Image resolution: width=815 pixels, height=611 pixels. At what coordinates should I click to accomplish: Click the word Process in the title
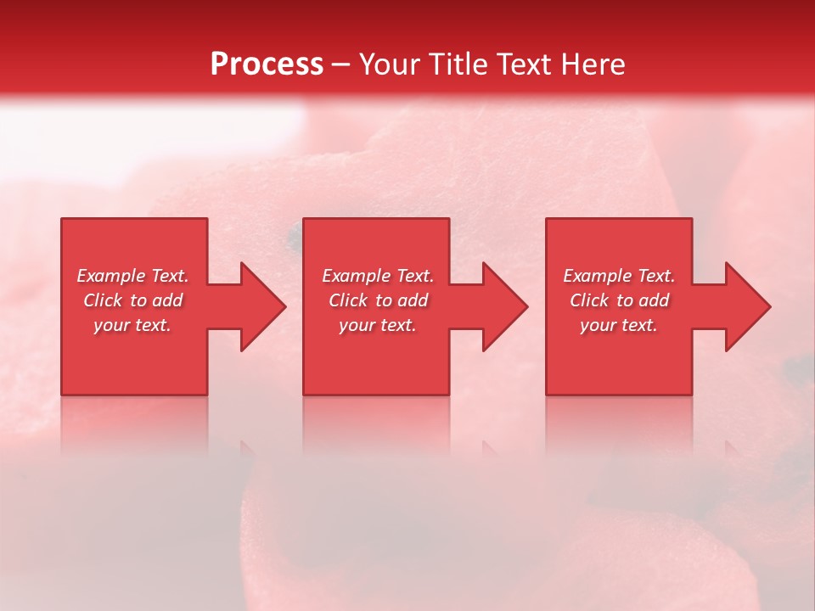[267, 64]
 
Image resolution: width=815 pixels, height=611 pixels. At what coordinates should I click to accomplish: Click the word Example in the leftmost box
[110, 276]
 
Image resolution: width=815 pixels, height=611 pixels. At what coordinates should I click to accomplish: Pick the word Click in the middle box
[346, 300]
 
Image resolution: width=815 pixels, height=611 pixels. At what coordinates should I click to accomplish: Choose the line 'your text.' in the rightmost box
[619, 325]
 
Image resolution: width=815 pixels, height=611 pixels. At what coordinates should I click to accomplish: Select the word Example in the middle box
[356, 276]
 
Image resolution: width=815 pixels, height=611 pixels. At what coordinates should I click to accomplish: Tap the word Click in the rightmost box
[588, 300]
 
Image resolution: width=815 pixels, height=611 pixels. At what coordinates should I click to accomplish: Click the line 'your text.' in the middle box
[377, 325]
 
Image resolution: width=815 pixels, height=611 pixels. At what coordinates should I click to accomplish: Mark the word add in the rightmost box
[654, 300]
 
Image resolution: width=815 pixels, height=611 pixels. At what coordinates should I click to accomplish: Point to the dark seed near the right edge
[795, 367]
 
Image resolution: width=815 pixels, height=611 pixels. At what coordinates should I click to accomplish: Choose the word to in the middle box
[384, 300]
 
